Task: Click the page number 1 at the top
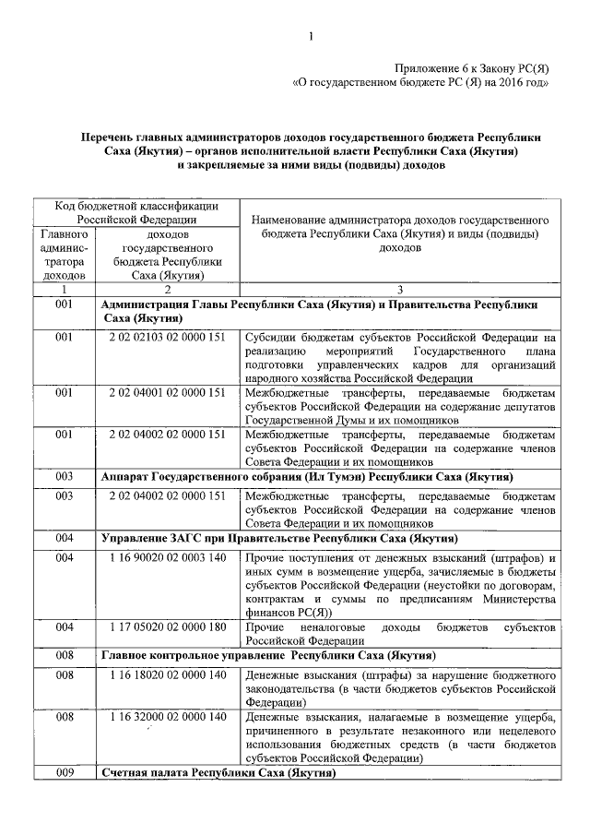(x=312, y=36)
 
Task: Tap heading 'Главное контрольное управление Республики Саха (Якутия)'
(x=267, y=655)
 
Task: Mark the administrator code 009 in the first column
(x=64, y=773)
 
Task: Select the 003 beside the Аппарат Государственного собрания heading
(x=64, y=477)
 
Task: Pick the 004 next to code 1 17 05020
(x=64, y=627)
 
